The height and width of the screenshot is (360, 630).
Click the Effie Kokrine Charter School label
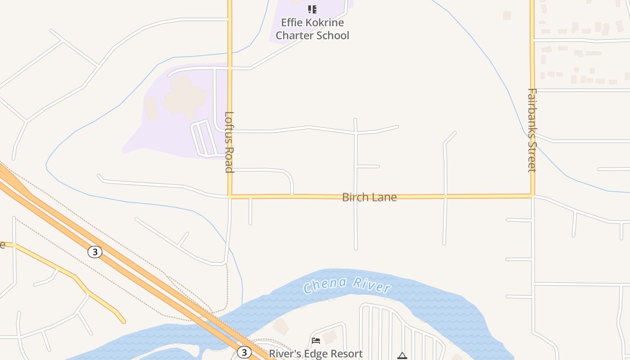click(x=312, y=29)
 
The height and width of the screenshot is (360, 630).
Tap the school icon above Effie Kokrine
click(x=312, y=9)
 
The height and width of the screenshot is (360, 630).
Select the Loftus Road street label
click(x=229, y=142)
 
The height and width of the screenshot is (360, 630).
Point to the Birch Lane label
click(x=369, y=197)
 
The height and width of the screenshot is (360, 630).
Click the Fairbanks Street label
click(x=532, y=130)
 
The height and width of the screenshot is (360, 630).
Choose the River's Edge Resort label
click(x=315, y=354)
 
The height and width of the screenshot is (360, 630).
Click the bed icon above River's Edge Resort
click(x=316, y=341)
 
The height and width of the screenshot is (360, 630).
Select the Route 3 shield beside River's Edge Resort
click(x=244, y=352)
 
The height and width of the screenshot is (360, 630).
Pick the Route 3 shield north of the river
click(x=94, y=252)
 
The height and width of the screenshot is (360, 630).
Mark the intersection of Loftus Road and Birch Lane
click(x=229, y=197)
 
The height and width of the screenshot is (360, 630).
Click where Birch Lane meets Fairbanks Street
click(x=532, y=196)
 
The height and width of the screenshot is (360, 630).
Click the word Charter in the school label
click(x=295, y=35)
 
